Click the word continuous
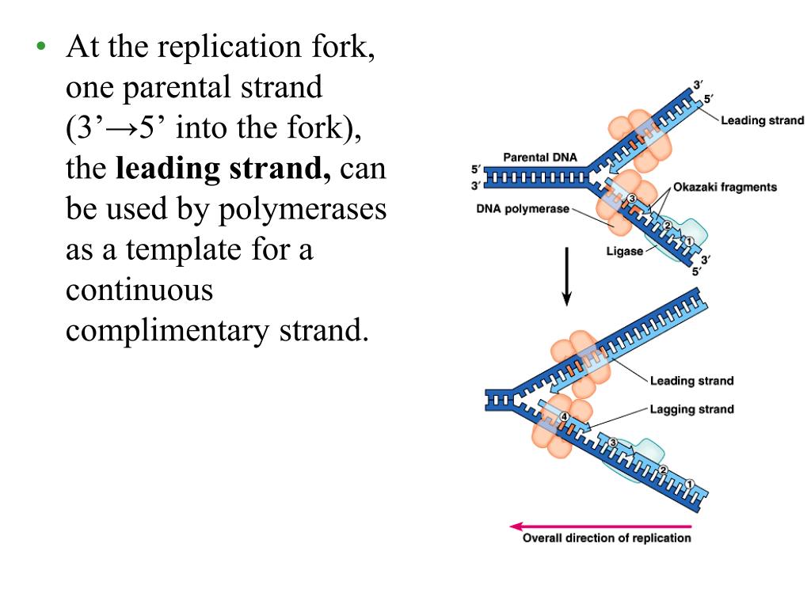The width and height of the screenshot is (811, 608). (x=139, y=290)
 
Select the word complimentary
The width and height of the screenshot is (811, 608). (x=166, y=331)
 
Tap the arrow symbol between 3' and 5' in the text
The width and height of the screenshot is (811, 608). (x=121, y=128)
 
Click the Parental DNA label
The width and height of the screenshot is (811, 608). (x=540, y=157)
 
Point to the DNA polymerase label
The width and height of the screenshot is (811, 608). (x=523, y=210)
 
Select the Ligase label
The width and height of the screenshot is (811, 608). (x=625, y=252)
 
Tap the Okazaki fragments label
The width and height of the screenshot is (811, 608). (x=725, y=187)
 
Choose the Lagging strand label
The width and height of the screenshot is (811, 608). (x=691, y=409)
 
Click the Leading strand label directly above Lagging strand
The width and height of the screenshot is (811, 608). (x=691, y=381)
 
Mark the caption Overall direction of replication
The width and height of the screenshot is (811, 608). (x=607, y=538)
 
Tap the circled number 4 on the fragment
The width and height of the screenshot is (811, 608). (x=564, y=416)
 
